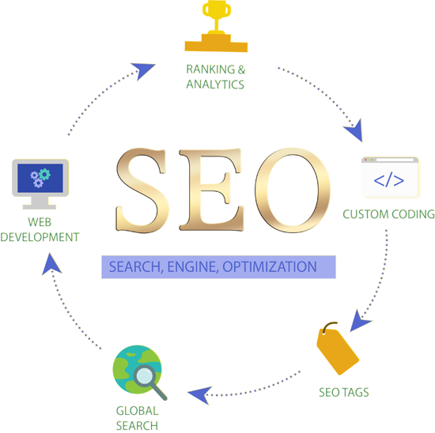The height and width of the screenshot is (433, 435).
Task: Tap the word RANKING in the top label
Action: [x=210, y=70]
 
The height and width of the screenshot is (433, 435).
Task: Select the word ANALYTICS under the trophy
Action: [x=215, y=85]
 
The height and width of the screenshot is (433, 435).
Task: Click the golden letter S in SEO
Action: [x=142, y=190]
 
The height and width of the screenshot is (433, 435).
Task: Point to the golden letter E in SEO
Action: [x=211, y=190]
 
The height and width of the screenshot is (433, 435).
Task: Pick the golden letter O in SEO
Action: [x=293, y=190]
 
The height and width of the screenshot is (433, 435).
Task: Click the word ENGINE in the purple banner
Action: [x=191, y=267]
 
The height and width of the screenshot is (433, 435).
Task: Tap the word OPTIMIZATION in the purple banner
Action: [x=270, y=267]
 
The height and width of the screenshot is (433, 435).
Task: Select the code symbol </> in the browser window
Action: [x=388, y=180]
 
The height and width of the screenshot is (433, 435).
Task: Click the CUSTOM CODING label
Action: [x=388, y=214]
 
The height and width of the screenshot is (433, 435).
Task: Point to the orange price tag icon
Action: [x=338, y=348]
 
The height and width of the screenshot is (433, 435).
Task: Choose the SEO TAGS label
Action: [x=344, y=392]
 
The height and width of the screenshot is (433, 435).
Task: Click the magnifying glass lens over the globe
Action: [x=145, y=375]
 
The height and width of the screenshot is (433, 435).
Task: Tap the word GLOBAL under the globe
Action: [x=137, y=411]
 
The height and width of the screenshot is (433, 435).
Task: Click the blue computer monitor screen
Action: [x=40, y=179]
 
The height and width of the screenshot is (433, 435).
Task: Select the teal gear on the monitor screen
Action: [x=44, y=175]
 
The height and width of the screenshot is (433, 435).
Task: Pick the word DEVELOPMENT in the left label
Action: [x=40, y=237]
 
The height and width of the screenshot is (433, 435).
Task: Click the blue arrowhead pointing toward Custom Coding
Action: [x=354, y=130]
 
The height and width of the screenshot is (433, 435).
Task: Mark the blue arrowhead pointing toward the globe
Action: [x=200, y=395]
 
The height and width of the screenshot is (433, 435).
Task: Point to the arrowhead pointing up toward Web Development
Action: [x=51, y=264]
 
